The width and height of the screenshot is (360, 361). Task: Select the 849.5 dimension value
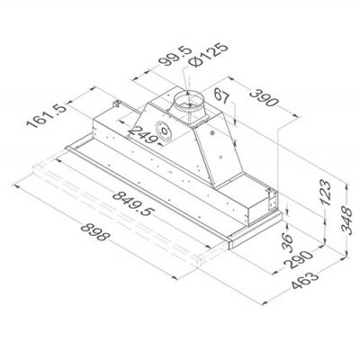[133, 203]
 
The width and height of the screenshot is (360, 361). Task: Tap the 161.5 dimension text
[46, 115]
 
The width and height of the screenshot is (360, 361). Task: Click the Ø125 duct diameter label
[208, 55]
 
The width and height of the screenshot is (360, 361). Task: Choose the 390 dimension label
[264, 97]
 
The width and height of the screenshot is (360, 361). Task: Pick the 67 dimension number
[222, 96]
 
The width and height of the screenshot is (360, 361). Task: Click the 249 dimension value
[143, 135]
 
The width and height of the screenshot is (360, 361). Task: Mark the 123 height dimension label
[326, 193]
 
